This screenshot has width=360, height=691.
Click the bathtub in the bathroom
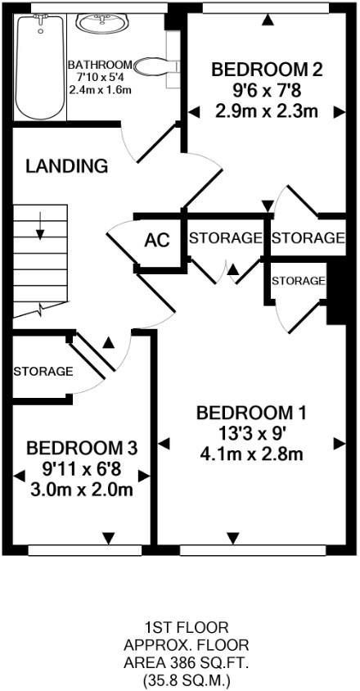(x=39, y=66)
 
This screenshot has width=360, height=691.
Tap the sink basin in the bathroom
(x=101, y=22)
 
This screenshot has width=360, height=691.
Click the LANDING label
(x=66, y=166)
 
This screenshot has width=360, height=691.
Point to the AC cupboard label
(x=158, y=241)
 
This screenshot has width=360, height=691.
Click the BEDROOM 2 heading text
(x=268, y=70)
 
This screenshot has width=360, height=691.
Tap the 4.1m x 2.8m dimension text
(x=252, y=454)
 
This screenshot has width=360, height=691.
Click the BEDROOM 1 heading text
(x=251, y=413)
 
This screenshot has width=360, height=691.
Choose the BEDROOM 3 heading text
(x=82, y=449)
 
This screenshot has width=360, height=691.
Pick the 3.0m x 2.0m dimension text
(x=82, y=490)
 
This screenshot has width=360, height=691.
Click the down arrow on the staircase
(x=40, y=227)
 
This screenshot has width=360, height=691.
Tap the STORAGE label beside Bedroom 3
(x=43, y=372)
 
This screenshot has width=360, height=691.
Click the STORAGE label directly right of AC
(x=226, y=238)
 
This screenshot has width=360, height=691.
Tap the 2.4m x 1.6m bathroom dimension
(x=100, y=90)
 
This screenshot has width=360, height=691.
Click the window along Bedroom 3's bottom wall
(x=85, y=550)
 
